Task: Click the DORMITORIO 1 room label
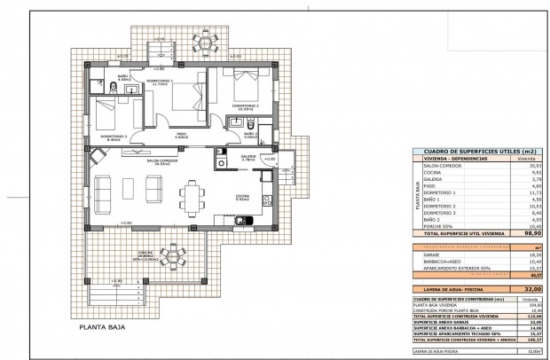[164, 82]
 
